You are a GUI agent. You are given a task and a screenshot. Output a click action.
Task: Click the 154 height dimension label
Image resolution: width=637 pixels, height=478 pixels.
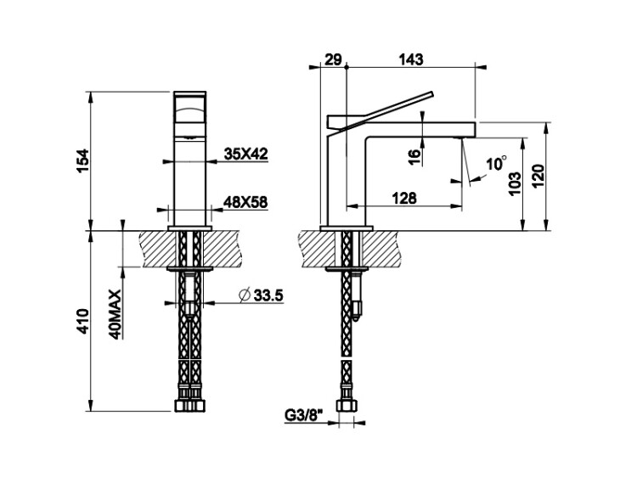[x=83, y=160]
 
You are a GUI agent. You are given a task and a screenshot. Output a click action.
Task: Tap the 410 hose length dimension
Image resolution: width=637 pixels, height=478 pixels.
[x=83, y=321]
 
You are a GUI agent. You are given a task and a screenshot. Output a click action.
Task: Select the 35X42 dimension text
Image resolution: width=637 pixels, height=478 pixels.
[x=245, y=154]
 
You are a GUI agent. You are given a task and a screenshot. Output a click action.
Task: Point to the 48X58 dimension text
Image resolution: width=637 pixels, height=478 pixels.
[x=245, y=202]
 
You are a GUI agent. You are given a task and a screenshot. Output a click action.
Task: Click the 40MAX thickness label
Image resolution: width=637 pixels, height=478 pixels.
[x=116, y=314]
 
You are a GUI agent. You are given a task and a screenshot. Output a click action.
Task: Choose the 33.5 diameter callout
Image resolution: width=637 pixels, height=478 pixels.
[x=268, y=295]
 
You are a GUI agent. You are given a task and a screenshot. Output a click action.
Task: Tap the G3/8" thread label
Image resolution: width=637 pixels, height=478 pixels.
[x=303, y=415]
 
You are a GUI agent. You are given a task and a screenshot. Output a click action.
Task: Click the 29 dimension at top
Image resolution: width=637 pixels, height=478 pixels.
[x=333, y=59]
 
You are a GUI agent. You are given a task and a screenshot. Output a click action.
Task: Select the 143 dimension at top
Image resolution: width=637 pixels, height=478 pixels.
[x=411, y=59]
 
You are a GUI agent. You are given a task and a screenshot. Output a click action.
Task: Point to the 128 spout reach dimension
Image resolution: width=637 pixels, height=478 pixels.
[x=404, y=198]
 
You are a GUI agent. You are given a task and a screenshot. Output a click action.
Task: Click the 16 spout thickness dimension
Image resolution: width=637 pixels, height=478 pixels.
[x=413, y=155]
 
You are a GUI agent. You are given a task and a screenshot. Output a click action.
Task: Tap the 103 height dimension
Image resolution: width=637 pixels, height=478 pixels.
[x=515, y=183]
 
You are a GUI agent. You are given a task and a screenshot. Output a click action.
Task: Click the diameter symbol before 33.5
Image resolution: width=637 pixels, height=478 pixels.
[x=245, y=295]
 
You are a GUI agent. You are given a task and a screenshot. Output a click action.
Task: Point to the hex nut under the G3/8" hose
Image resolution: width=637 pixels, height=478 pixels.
[x=347, y=406]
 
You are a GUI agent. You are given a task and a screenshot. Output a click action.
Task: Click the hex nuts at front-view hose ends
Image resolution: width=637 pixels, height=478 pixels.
[x=189, y=406]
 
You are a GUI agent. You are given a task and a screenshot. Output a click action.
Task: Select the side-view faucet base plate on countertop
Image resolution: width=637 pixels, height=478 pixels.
[x=347, y=228]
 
